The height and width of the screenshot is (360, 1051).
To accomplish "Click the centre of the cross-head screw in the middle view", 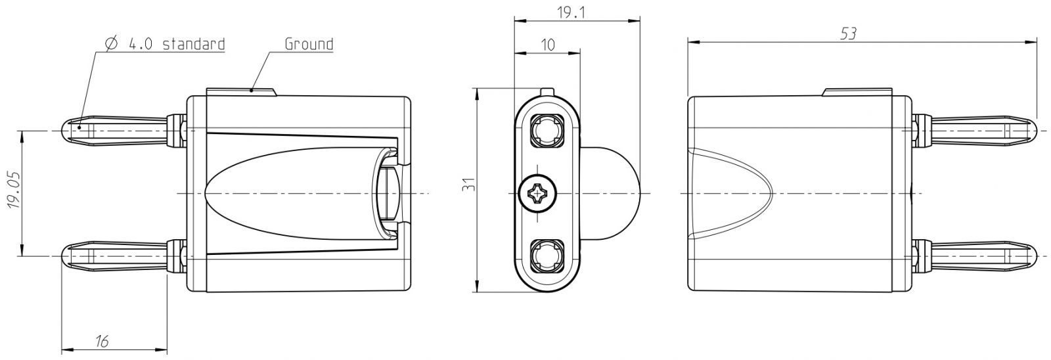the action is pos(538,193).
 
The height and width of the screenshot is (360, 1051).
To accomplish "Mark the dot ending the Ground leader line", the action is pos(252,89).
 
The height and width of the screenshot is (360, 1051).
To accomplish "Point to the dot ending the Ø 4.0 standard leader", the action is pos(79,127).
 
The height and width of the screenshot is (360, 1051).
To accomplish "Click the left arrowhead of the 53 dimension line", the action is pos(694,42).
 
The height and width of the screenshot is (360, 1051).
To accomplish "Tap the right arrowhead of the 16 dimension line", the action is pos(161,349).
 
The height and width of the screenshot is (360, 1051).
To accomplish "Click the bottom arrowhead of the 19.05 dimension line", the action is pos(20,250).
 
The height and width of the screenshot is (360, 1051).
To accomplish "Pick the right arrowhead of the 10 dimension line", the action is pos(574,53).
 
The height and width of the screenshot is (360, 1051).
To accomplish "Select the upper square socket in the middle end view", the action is pos(547,130).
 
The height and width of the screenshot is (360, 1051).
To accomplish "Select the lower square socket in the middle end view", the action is pos(547,256).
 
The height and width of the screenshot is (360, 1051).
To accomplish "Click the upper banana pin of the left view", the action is pos(124,131).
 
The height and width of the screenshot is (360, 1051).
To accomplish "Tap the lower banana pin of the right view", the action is pos(973,256).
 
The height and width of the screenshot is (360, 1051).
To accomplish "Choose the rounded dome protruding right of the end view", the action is pos(611,193).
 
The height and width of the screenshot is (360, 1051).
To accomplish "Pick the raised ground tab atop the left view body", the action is pos(240,92).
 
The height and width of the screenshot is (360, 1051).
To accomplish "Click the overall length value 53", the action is pos(848,34).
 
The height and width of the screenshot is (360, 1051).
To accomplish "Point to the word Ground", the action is pos(309,44).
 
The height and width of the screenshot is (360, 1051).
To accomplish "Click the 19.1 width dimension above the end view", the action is pos(571,12).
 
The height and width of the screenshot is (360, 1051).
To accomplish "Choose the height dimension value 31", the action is pos(469,184).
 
